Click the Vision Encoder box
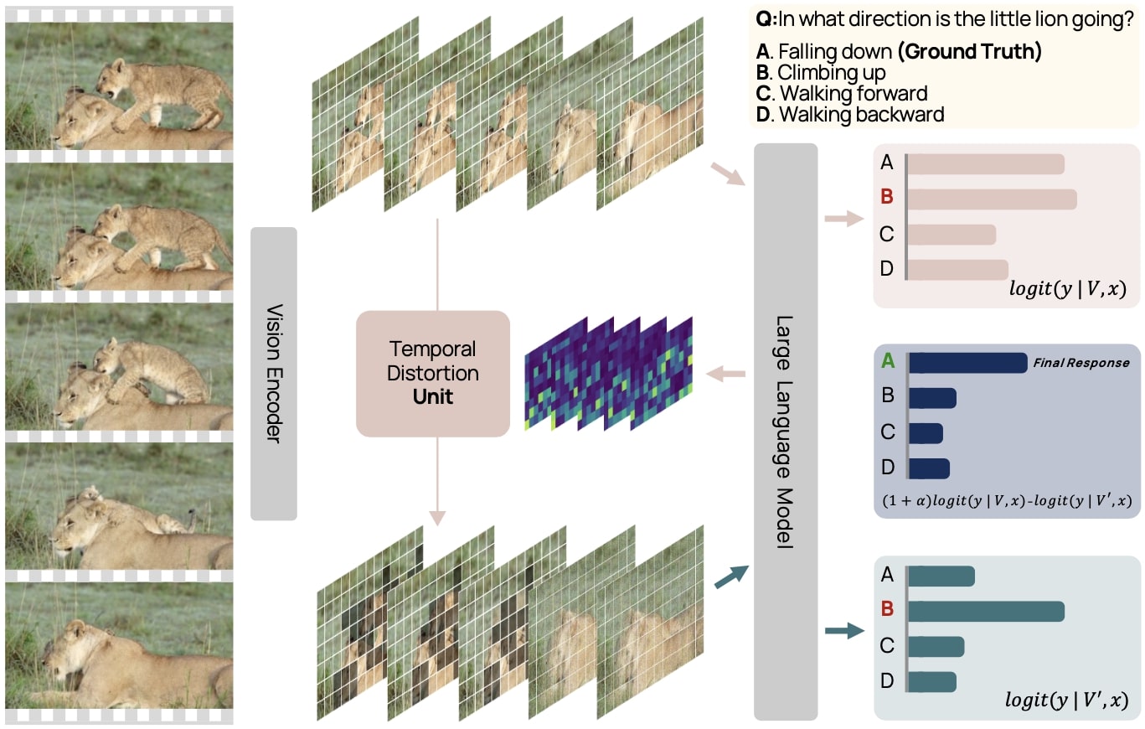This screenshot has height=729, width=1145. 274,373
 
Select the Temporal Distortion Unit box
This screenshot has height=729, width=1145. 432,373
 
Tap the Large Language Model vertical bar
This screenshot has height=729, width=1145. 786,432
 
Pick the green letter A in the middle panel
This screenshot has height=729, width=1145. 888,362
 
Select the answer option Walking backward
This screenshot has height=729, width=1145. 861,114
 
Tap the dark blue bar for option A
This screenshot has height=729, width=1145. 967,363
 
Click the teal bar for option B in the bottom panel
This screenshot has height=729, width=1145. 985,612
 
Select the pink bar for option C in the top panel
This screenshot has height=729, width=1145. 952,235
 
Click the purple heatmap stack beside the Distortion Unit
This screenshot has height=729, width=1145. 609,373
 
